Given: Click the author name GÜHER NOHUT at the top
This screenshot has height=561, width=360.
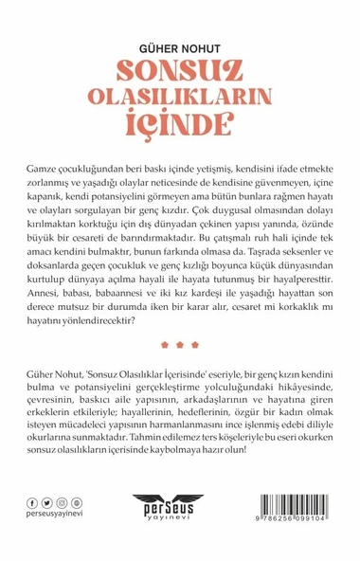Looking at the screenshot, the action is [x=179, y=45].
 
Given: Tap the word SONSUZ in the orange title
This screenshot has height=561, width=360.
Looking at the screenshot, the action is [x=179, y=70].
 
